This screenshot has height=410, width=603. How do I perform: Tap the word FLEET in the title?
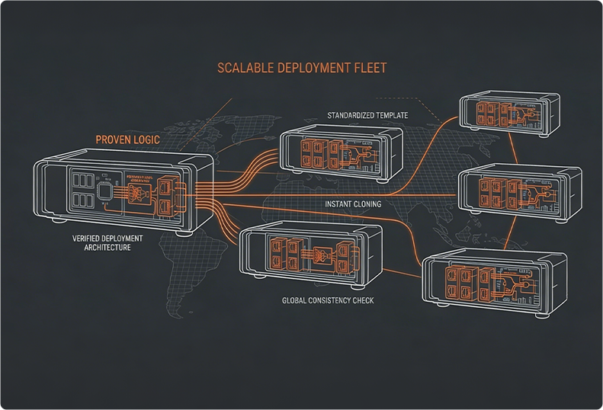click(367, 68)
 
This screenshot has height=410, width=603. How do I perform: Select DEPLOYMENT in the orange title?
click(313, 68)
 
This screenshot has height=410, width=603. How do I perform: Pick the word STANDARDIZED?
click(354, 115)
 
